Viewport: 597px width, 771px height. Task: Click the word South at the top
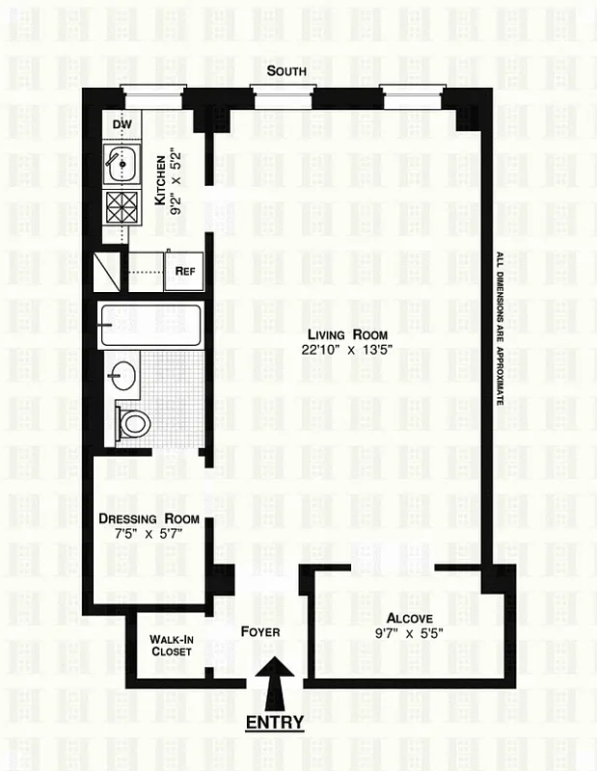[287, 70]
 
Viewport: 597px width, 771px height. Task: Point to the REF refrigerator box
[185, 271]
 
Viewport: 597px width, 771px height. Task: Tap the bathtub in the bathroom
[151, 325]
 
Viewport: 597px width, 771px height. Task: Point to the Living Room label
[333, 334]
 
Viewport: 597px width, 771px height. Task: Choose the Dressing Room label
[149, 519]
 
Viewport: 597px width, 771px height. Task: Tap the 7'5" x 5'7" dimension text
[149, 537]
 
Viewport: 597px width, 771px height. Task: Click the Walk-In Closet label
[172, 645]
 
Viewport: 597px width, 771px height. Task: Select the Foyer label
[259, 632]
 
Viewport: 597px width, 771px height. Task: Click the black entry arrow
[274, 683]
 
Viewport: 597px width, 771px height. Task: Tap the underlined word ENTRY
[275, 722]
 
